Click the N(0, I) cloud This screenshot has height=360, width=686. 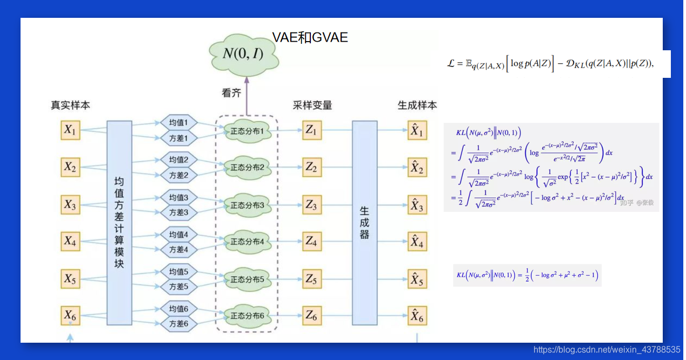click(243, 53)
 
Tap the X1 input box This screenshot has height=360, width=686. click(70, 130)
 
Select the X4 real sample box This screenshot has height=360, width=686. click(70, 241)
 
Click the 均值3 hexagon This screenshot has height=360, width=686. click(178, 197)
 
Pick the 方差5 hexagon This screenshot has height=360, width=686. click(178, 286)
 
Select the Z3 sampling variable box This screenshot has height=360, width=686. click(311, 205)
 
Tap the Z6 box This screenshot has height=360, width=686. click(311, 315)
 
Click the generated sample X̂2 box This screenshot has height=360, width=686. click(417, 168)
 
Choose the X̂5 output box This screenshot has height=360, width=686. click(417, 279)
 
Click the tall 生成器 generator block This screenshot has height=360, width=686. click(365, 222)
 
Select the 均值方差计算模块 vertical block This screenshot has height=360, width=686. click(119, 222)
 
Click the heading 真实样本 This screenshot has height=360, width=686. click(70, 105)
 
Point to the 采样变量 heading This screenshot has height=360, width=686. click(312, 105)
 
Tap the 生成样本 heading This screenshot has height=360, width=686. click(417, 105)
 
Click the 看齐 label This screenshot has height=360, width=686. click(231, 93)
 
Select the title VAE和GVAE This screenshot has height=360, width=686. click(310, 37)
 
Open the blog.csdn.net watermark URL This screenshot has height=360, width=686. click(607, 350)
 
